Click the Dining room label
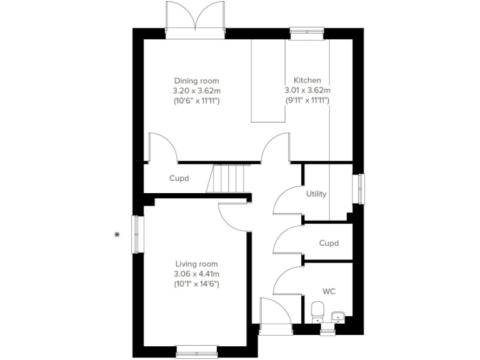tap(196, 81)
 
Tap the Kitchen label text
tap(307, 81)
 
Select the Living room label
tap(196, 264)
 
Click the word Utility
tap(316, 194)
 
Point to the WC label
tap(329, 291)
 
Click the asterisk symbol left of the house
tap(116, 235)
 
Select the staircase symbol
tap(229, 179)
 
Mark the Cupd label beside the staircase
tap(179, 178)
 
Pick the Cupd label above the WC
tap(329, 243)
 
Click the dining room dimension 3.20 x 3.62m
tap(196, 91)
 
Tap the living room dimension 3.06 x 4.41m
tap(196, 274)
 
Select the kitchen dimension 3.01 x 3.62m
tap(307, 91)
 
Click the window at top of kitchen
tap(306, 32)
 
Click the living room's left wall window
tap(136, 234)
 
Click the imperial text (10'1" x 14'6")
tap(196, 284)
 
